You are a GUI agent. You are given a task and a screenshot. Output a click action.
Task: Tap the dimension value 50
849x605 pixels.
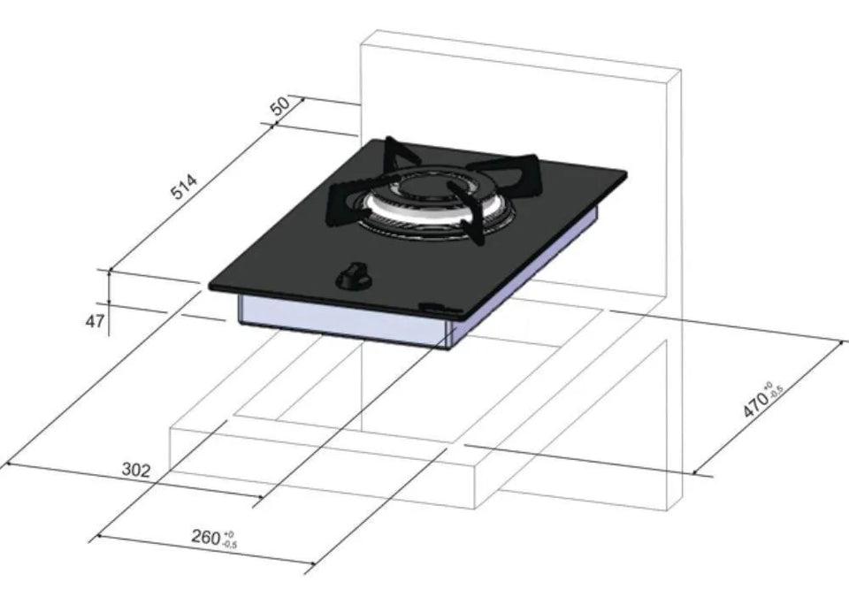[280, 106]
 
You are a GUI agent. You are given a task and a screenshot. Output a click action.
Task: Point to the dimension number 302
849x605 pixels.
[135, 470]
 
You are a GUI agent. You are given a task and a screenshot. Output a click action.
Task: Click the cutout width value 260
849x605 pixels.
[207, 536]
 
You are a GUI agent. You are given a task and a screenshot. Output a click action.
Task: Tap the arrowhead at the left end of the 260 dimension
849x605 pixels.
[98, 536]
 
